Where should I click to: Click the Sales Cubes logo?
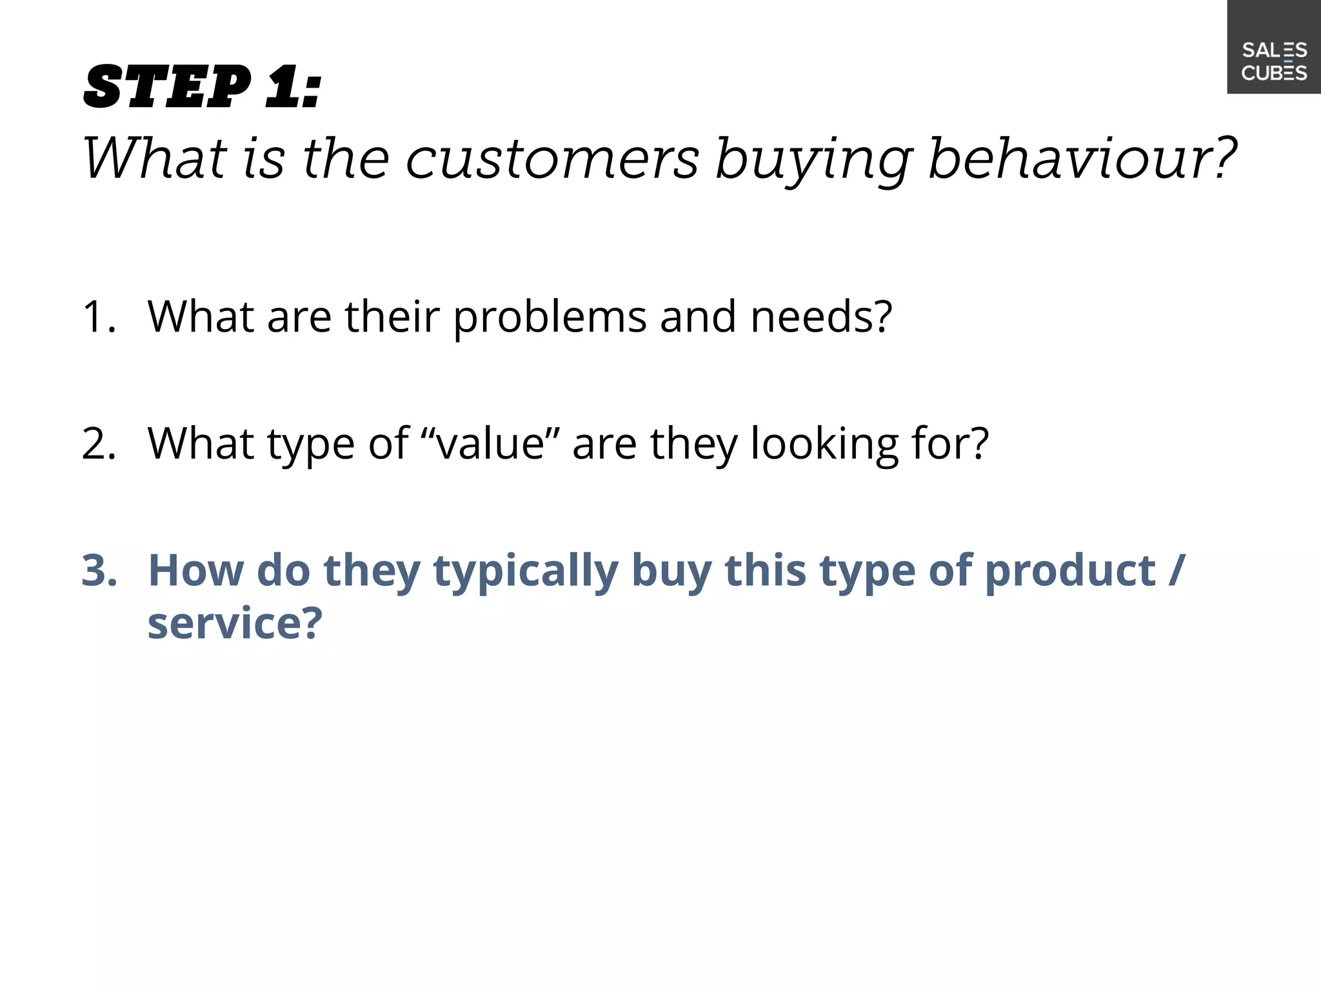point(1273,61)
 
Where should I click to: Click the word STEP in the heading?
point(167,87)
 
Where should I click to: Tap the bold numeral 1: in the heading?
point(293,87)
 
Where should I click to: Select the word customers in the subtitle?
point(552,159)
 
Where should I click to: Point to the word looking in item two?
point(824,445)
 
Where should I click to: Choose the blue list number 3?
point(99,571)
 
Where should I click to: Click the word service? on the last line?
point(234,624)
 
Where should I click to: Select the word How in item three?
point(196,571)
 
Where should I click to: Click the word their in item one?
point(392,317)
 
